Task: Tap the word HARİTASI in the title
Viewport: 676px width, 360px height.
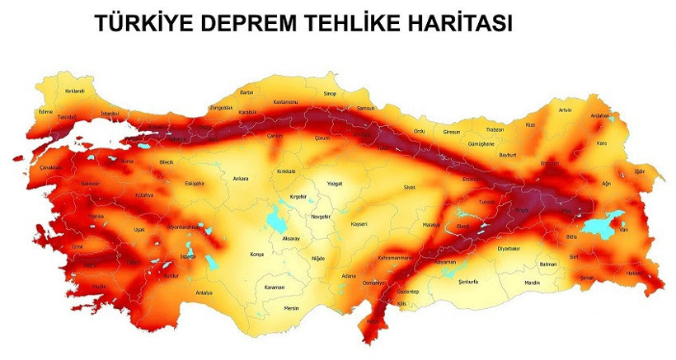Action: [448, 25]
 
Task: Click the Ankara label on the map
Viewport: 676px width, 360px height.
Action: [241, 178]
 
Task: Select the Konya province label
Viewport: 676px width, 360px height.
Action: [256, 255]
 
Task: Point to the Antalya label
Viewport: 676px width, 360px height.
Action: [204, 293]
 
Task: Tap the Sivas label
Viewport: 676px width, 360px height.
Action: [410, 188]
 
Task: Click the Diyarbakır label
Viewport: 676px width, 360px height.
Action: [509, 248]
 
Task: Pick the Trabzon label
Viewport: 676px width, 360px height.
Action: [495, 129]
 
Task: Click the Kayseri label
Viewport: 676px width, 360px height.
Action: [359, 223]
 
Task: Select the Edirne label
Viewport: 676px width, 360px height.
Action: [45, 111]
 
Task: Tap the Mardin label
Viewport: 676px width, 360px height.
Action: [532, 283]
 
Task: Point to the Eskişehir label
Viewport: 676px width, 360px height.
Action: [195, 183]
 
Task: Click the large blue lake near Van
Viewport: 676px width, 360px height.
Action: [605, 223]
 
